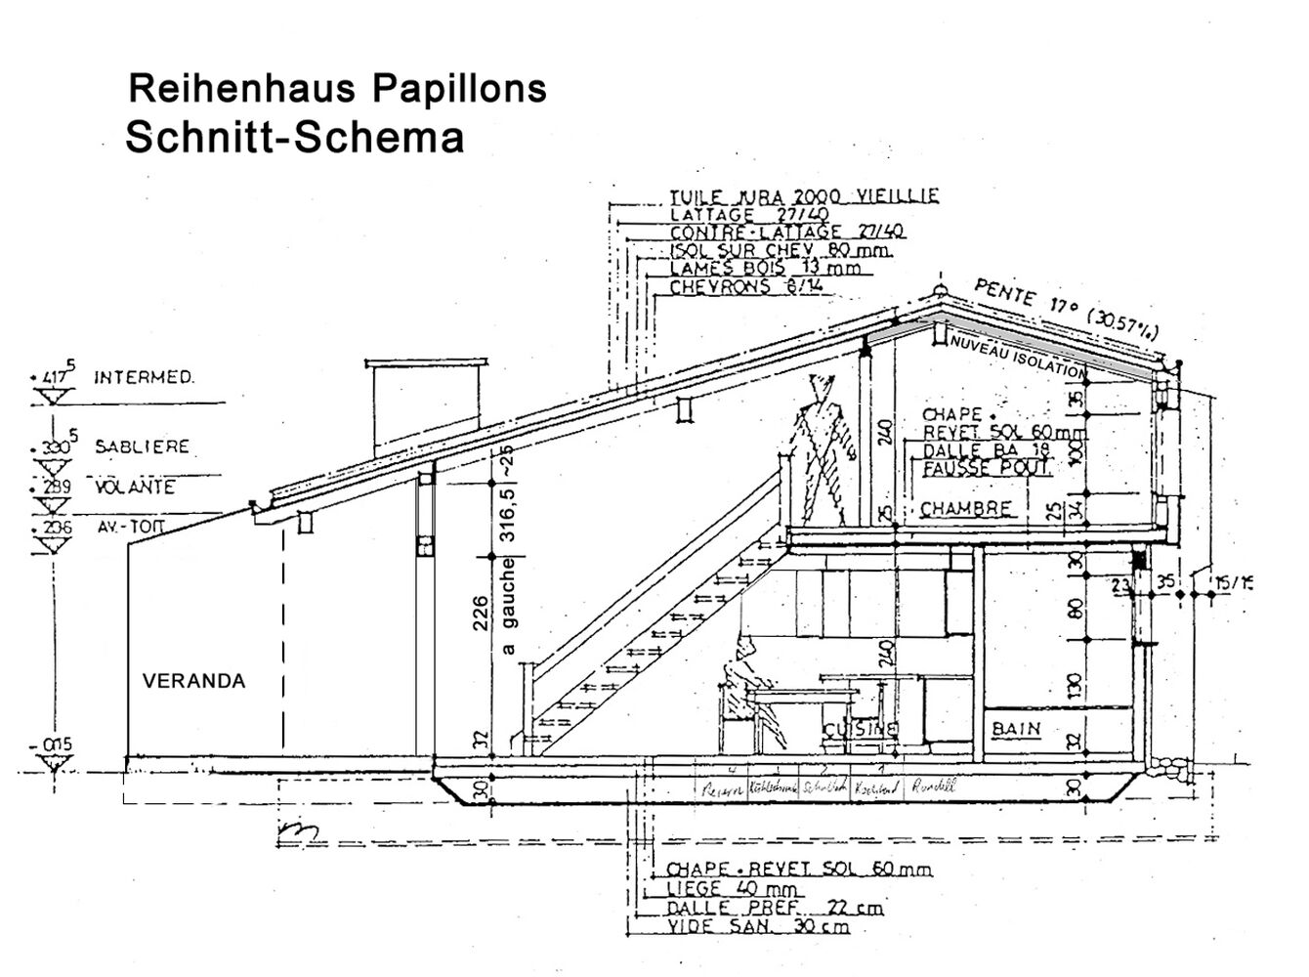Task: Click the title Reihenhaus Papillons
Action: point(337,89)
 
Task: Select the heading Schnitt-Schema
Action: point(294,137)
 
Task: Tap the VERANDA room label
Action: point(194,681)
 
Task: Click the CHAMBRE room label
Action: point(965,509)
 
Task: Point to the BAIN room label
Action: point(1016,728)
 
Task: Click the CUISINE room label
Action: point(860,729)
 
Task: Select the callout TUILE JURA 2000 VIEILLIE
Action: point(804,195)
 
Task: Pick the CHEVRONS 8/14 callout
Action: point(746,287)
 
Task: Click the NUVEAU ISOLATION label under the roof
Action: point(1017,357)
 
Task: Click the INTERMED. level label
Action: point(144,376)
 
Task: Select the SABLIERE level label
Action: point(142,446)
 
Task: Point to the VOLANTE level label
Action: point(135,487)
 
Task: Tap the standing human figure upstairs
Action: point(821,449)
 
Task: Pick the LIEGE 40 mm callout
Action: point(734,888)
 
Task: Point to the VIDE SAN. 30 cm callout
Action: point(758,926)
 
